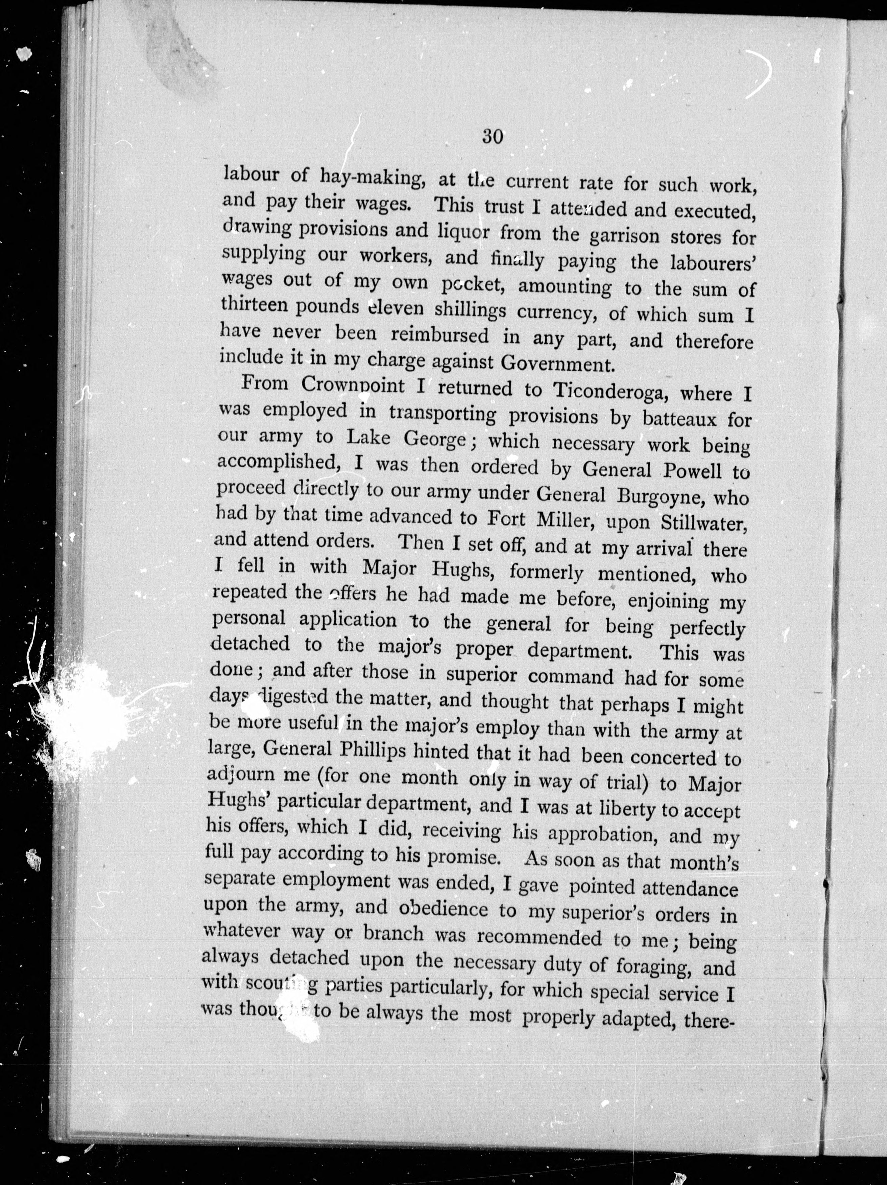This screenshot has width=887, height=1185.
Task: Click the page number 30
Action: (492, 137)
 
